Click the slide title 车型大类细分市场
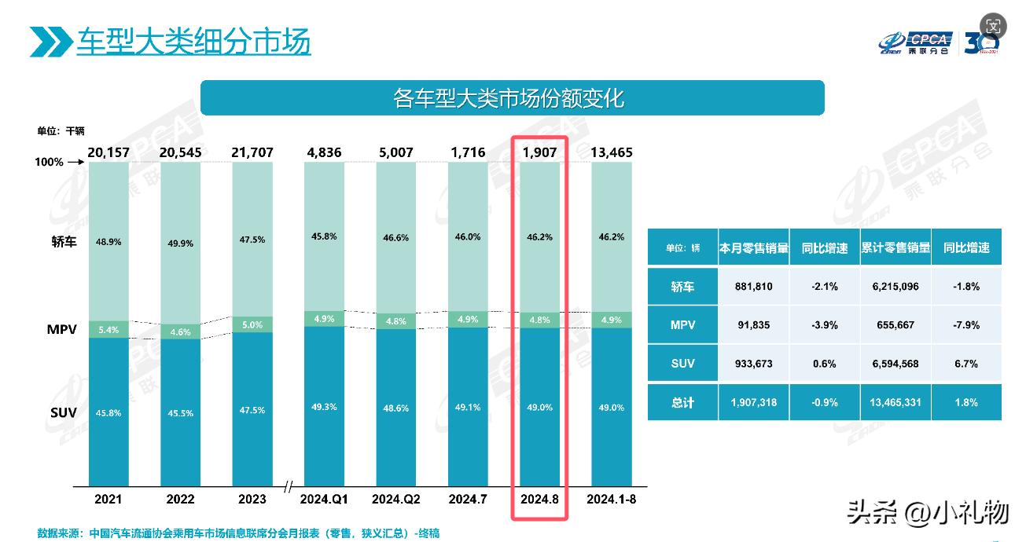[193, 41]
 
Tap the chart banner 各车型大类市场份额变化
[512, 98]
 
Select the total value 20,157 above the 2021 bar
[109, 152]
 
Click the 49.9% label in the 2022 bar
[181, 244]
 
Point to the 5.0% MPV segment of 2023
[252, 324]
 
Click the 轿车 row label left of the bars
[64, 242]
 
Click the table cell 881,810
[753, 287]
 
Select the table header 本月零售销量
[753, 248]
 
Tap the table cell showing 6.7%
[965, 364]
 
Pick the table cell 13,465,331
[895, 402]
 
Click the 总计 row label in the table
[682, 402]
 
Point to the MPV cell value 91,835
[753, 325]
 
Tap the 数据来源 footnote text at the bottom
[238, 533]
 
